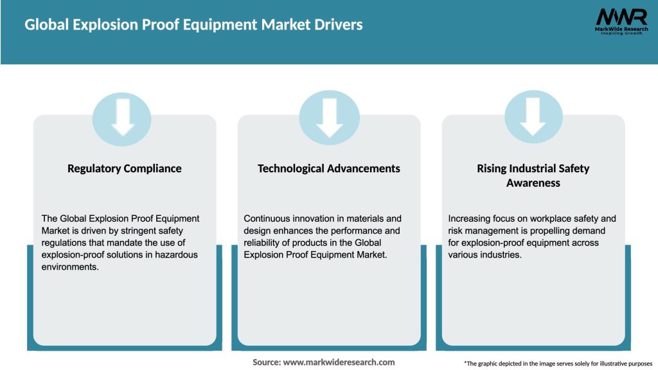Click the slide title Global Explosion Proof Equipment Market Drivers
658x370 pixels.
[x=193, y=25]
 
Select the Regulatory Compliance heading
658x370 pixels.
[x=125, y=169]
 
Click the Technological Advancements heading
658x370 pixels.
[x=329, y=169]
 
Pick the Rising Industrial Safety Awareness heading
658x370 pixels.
[x=533, y=175]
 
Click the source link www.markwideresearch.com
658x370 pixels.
[x=339, y=362]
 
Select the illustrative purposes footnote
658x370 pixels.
[x=558, y=364]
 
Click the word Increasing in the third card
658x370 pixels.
[x=470, y=218]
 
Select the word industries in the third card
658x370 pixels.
[x=501, y=255]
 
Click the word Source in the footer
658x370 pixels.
[x=265, y=362]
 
